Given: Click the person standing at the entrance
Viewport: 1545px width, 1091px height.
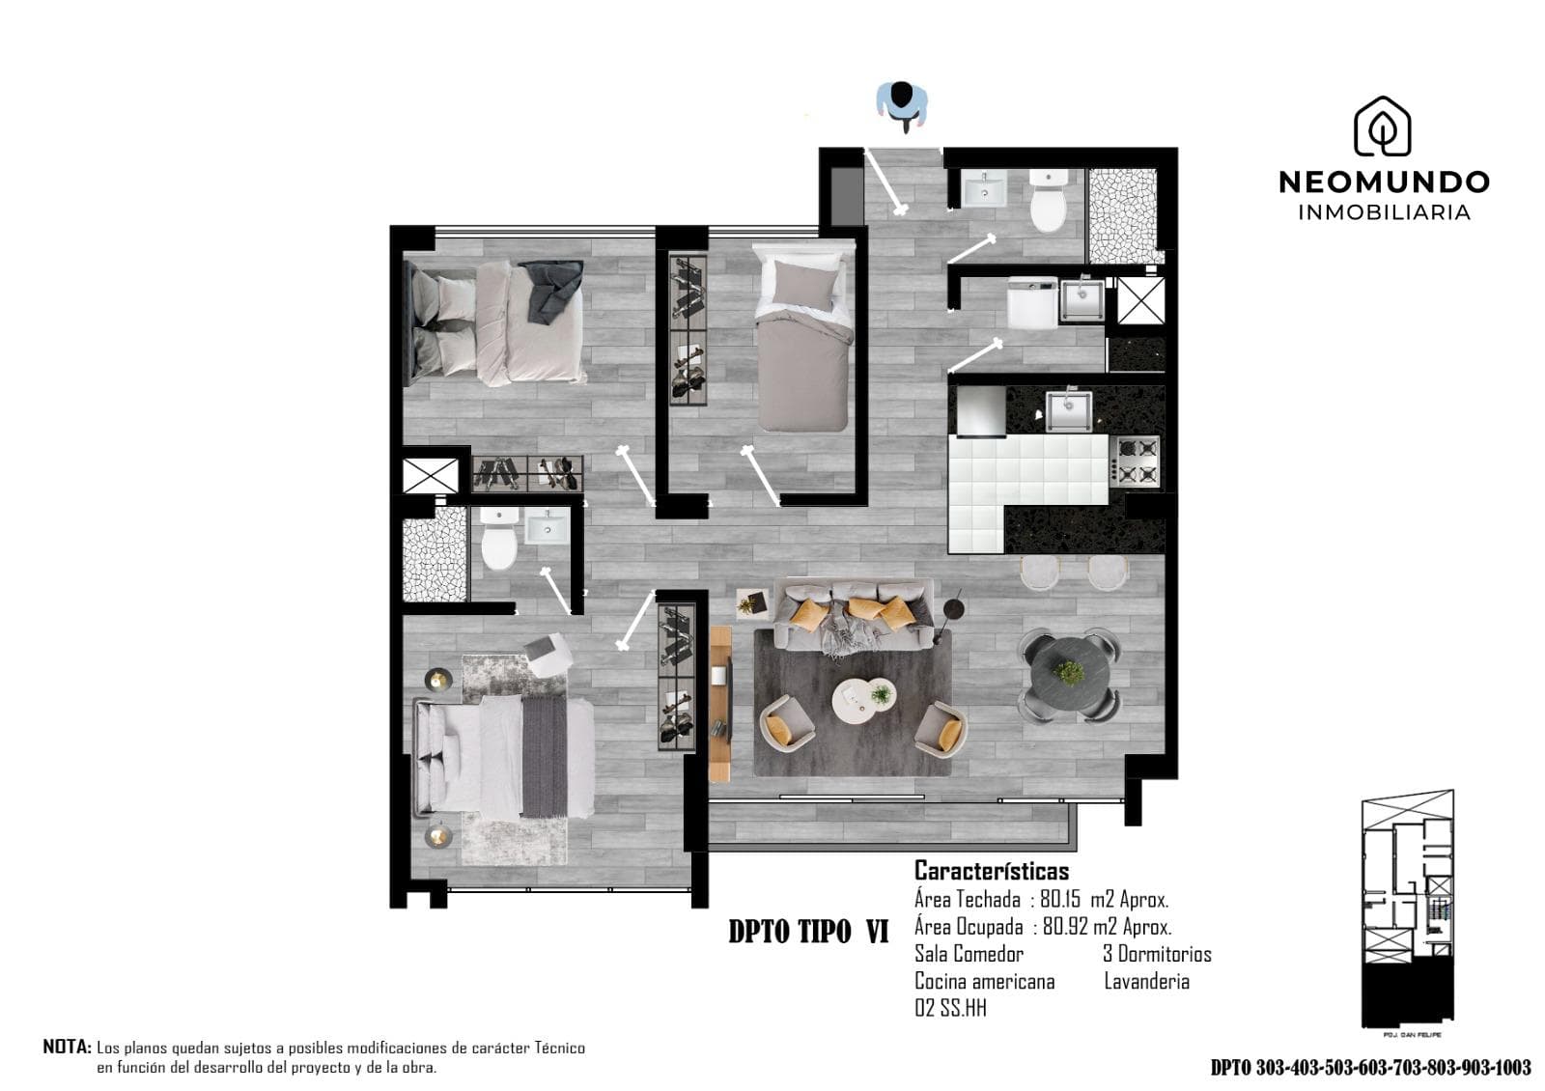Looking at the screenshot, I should [902, 104].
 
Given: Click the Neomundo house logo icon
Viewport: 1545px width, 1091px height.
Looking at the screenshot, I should [1382, 126].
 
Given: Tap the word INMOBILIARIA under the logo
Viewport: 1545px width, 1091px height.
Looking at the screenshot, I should [1383, 212].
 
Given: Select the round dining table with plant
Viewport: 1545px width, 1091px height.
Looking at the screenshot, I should [1069, 674].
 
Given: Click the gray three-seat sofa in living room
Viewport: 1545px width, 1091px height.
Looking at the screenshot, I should [855, 614].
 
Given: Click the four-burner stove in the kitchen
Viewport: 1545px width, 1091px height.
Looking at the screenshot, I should [1136, 461].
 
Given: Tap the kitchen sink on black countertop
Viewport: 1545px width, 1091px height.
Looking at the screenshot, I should [1068, 409].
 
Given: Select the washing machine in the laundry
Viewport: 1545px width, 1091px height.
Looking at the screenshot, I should [1031, 302].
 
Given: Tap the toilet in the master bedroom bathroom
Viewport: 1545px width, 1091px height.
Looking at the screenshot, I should [499, 541].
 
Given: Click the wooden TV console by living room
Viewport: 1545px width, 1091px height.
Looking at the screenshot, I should [720, 703].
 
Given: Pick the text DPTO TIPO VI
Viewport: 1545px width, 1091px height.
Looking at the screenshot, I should [808, 932].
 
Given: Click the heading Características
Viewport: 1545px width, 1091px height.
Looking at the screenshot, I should [991, 871].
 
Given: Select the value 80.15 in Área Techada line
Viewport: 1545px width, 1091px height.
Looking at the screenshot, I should [1060, 900].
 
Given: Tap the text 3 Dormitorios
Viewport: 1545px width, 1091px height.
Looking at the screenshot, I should [1157, 954].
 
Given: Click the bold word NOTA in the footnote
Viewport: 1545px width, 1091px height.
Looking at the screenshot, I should [67, 1047].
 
